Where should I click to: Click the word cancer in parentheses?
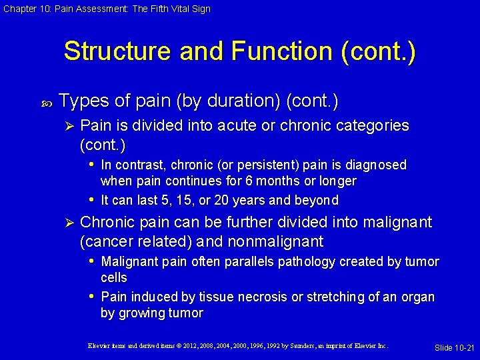pos(107,241)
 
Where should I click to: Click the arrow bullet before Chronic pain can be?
pos(65,223)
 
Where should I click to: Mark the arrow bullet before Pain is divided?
pos(65,126)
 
